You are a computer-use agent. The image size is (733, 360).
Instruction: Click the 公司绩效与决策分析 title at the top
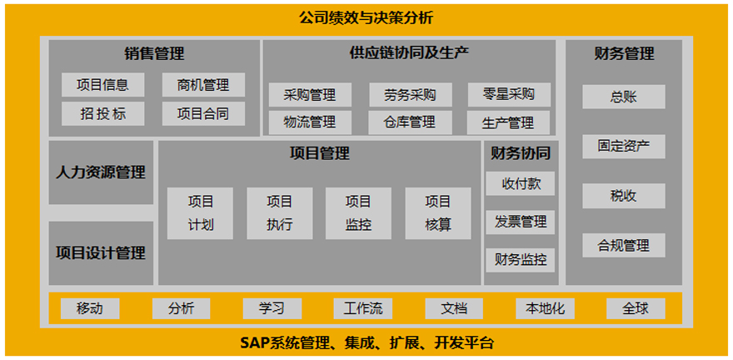(x=366, y=17)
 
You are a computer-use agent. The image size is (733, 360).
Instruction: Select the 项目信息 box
(x=102, y=85)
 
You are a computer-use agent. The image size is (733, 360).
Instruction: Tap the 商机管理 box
(x=203, y=85)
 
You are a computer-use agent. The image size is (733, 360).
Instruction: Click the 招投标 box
(x=102, y=114)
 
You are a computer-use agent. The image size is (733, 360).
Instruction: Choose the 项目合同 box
(x=203, y=114)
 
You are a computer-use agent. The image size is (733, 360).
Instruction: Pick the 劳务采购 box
(x=410, y=94)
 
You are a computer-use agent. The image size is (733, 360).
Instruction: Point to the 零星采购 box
(x=509, y=94)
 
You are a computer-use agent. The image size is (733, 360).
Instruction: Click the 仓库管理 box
(x=410, y=122)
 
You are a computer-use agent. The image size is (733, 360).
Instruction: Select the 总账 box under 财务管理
(x=623, y=97)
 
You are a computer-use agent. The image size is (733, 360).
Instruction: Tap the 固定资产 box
(x=623, y=147)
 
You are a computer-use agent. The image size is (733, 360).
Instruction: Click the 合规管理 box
(x=623, y=246)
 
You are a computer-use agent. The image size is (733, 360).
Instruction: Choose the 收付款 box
(x=520, y=183)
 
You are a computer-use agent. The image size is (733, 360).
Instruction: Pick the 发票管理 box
(x=520, y=222)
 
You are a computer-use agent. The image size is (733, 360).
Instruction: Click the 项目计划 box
(x=200, y=213)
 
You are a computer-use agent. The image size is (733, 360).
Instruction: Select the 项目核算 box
(x=437, y=213)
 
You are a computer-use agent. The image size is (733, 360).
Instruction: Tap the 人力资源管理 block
(x=101, y=172)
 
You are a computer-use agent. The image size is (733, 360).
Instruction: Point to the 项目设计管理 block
(x=101, y=252)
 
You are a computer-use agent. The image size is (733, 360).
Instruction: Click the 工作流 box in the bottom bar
(x=362, y=308)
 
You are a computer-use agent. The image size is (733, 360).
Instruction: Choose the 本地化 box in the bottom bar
(x=544, y=308)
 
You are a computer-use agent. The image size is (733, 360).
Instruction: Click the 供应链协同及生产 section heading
(x=409, y=53)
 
